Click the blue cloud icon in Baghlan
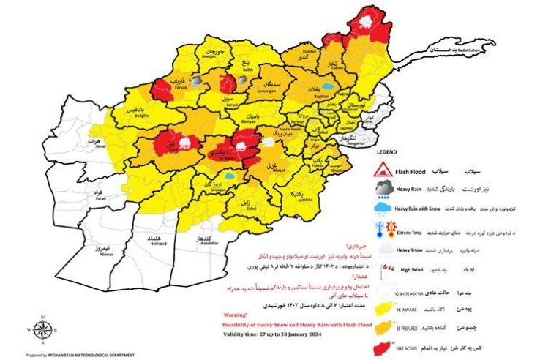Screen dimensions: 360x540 [331, 86]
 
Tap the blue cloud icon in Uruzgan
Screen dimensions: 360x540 [230, 176]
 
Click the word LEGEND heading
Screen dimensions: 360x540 [386, 155]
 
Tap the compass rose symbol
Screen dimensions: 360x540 [41, 329]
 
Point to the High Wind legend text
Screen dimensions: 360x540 [413, 269]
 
